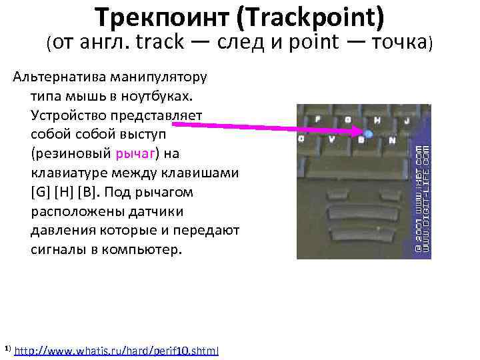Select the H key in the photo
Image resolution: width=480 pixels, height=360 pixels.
pos(378,121)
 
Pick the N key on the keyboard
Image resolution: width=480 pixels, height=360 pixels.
pos(392,140)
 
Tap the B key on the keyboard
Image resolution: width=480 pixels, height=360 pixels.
pos(361,140)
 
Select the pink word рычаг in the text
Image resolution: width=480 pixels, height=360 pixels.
pos(135,154)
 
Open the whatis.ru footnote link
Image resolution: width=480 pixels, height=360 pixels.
pos(116,350)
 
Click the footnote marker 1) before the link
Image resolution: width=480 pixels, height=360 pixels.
pos(7,349)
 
